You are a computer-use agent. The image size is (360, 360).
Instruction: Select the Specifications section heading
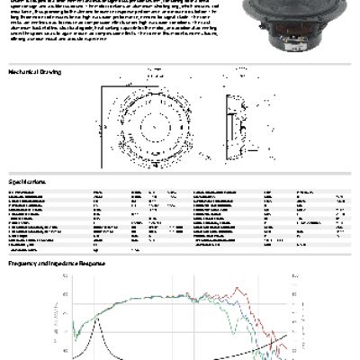point(29,181)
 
